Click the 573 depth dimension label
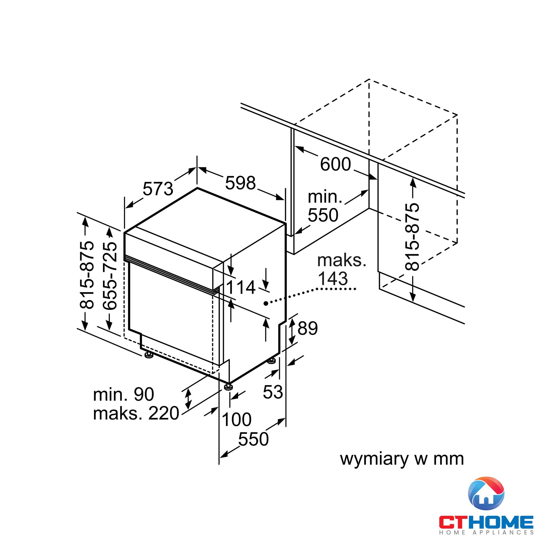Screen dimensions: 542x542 click(158, 189)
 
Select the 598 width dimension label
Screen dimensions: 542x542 click(240, 183)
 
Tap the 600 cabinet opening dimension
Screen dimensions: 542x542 click(335, 164)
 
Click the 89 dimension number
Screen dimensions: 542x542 click(308, 328)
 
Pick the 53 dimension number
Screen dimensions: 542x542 click(273, 392)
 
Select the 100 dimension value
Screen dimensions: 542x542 click(237, 420)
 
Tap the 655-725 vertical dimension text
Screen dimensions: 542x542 click(109, 276)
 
